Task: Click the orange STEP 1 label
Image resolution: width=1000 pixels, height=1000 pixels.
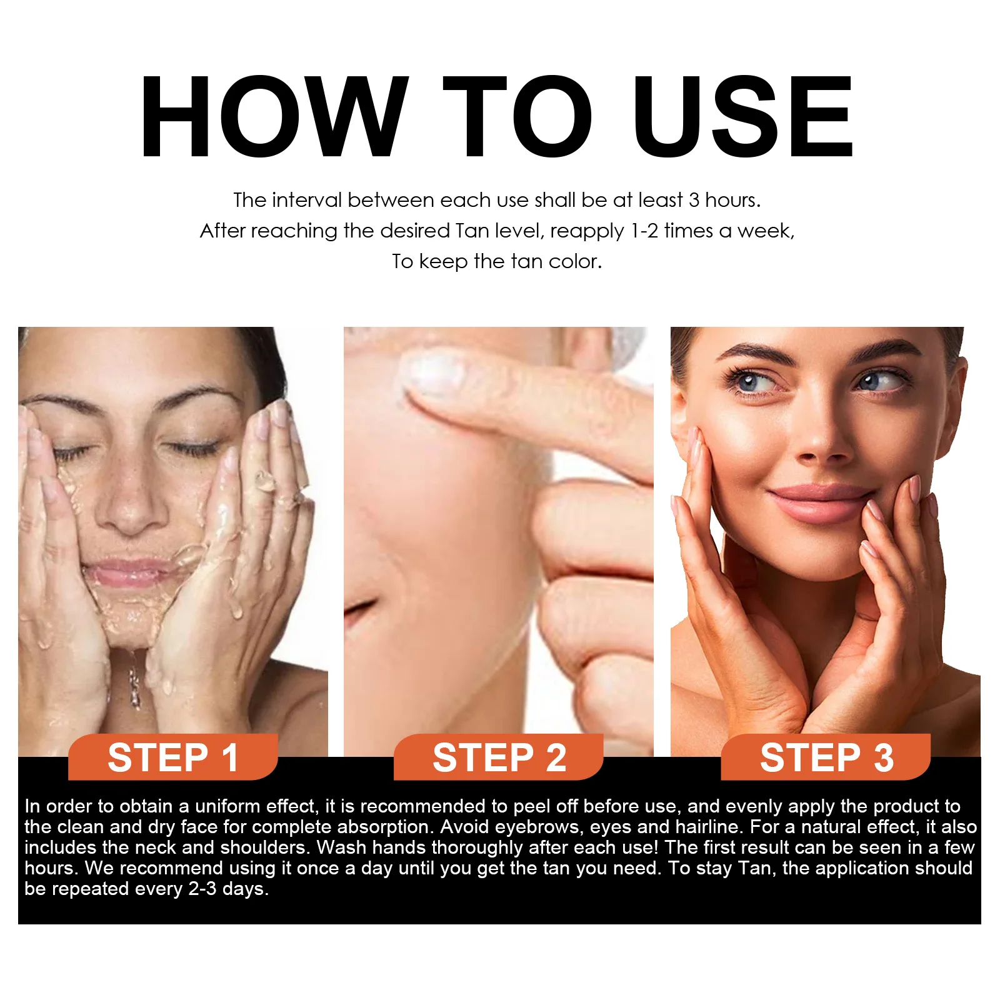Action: (x=173, y=757)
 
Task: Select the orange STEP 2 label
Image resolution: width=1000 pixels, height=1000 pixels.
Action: (x=499, y=757)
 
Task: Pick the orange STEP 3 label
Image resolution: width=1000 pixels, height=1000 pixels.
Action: (x=826, y=757)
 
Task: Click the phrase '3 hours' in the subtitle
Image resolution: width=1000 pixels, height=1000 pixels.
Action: (x=724, y=200)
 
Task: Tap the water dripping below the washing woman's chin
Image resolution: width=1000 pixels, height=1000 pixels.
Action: (x=134, y=681)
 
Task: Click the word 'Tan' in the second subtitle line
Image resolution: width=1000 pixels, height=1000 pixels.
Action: (x=472, y=231)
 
